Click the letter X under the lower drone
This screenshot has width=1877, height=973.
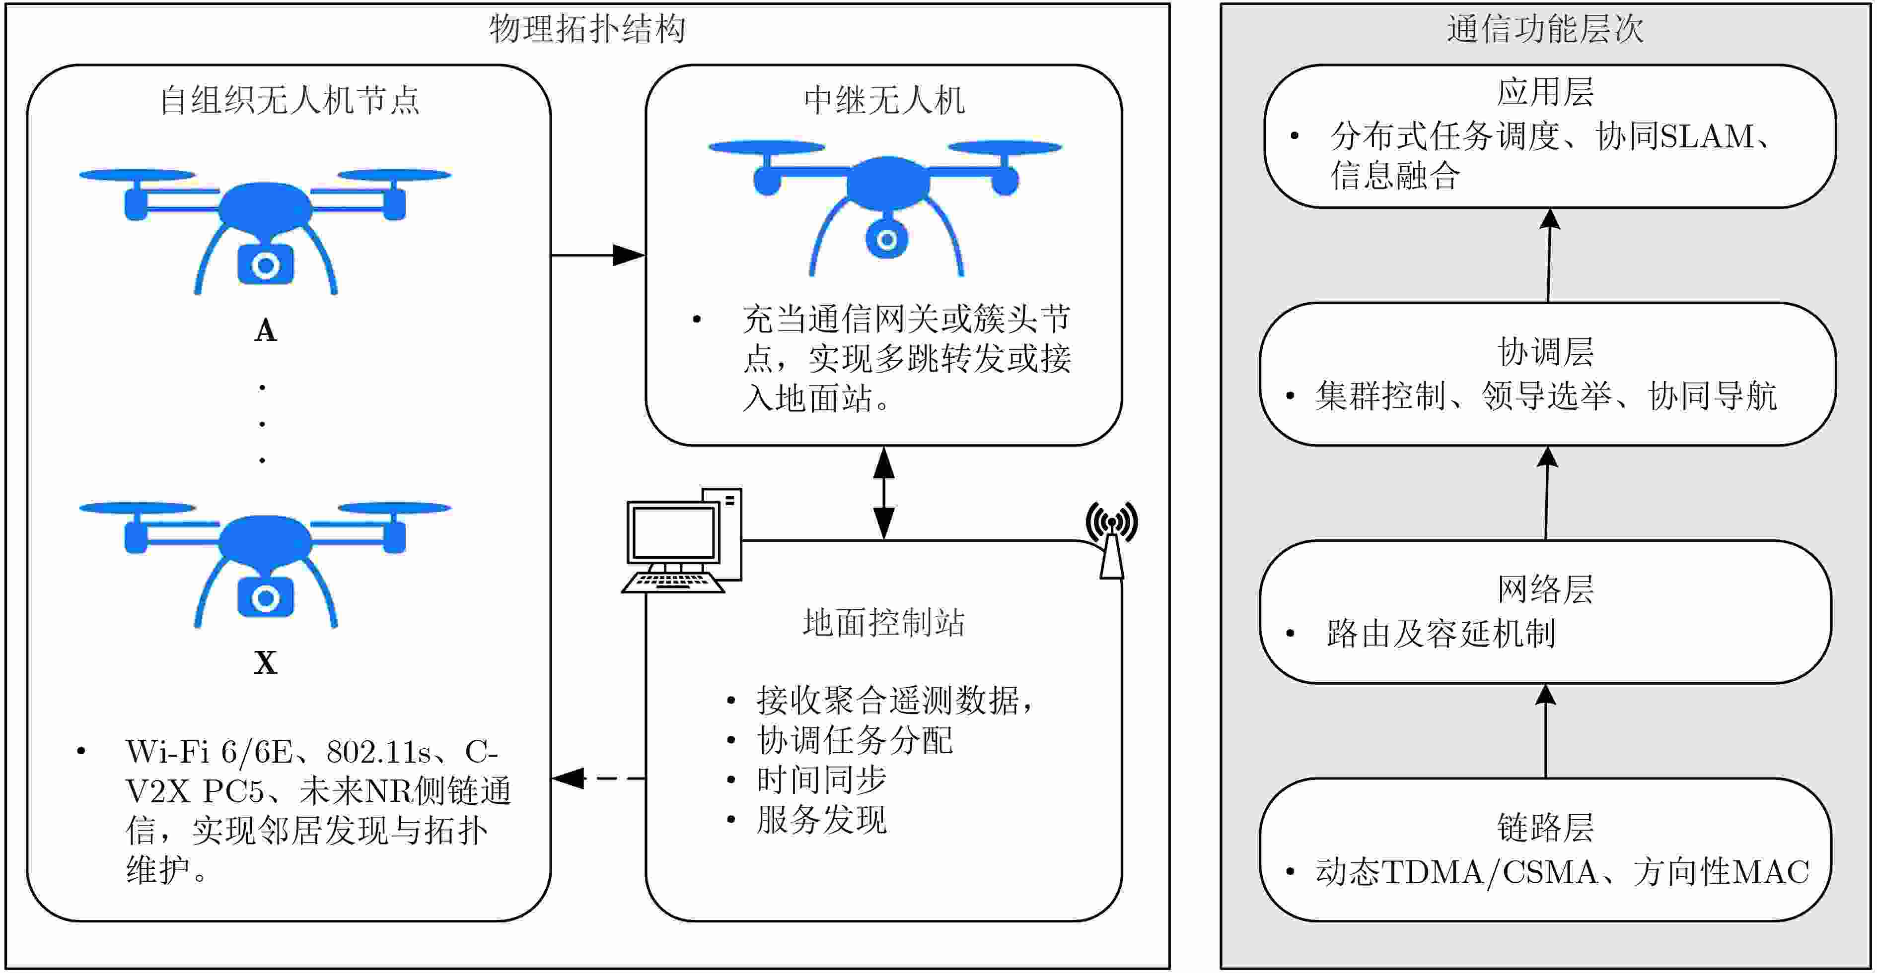265,663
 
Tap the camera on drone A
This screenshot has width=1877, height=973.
265,265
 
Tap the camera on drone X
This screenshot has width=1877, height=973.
265,598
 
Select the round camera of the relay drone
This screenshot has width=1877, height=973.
886,239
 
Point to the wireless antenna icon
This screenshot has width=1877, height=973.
1111,539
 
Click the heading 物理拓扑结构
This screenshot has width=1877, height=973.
587,29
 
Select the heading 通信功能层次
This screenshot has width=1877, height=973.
1545,29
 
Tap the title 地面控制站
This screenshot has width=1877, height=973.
884,623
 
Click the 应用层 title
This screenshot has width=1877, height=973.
1545,92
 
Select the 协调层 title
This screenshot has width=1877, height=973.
1545,352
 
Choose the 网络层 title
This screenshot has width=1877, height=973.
1545,589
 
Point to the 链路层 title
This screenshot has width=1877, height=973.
1545,827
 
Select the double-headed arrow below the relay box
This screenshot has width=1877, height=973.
884,493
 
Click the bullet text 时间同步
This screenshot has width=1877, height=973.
821,779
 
